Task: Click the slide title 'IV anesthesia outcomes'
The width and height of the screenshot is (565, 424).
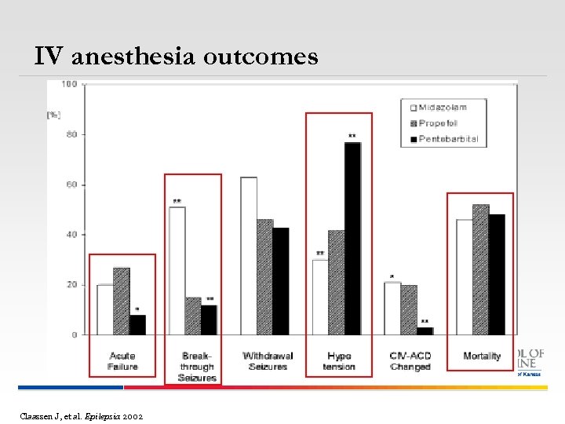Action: [176, 57]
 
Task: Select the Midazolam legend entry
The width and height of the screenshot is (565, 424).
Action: [443, 108]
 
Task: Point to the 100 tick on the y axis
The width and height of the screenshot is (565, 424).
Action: [69, 84]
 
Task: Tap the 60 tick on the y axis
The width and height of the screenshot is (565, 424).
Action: [71, 185]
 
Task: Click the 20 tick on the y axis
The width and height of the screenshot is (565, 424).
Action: [71, 285]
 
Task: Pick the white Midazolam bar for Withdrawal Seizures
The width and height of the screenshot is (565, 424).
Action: [249, 255]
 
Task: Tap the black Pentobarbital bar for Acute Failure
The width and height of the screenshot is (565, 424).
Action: [137, 324]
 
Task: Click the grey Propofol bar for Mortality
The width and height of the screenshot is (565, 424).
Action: [480, 269]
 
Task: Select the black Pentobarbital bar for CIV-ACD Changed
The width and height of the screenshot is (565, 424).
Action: [425, 331]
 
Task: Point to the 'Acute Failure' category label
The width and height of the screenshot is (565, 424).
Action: [122, 361]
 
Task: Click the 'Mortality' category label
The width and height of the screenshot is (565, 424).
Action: [481, 356]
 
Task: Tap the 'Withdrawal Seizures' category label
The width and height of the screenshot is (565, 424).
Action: [267, 361]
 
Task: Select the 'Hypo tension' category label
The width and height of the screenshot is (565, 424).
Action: [339, 361]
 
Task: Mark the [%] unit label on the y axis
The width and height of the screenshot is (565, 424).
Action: [53, 115]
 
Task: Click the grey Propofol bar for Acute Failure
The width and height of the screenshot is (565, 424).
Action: [122, 301]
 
